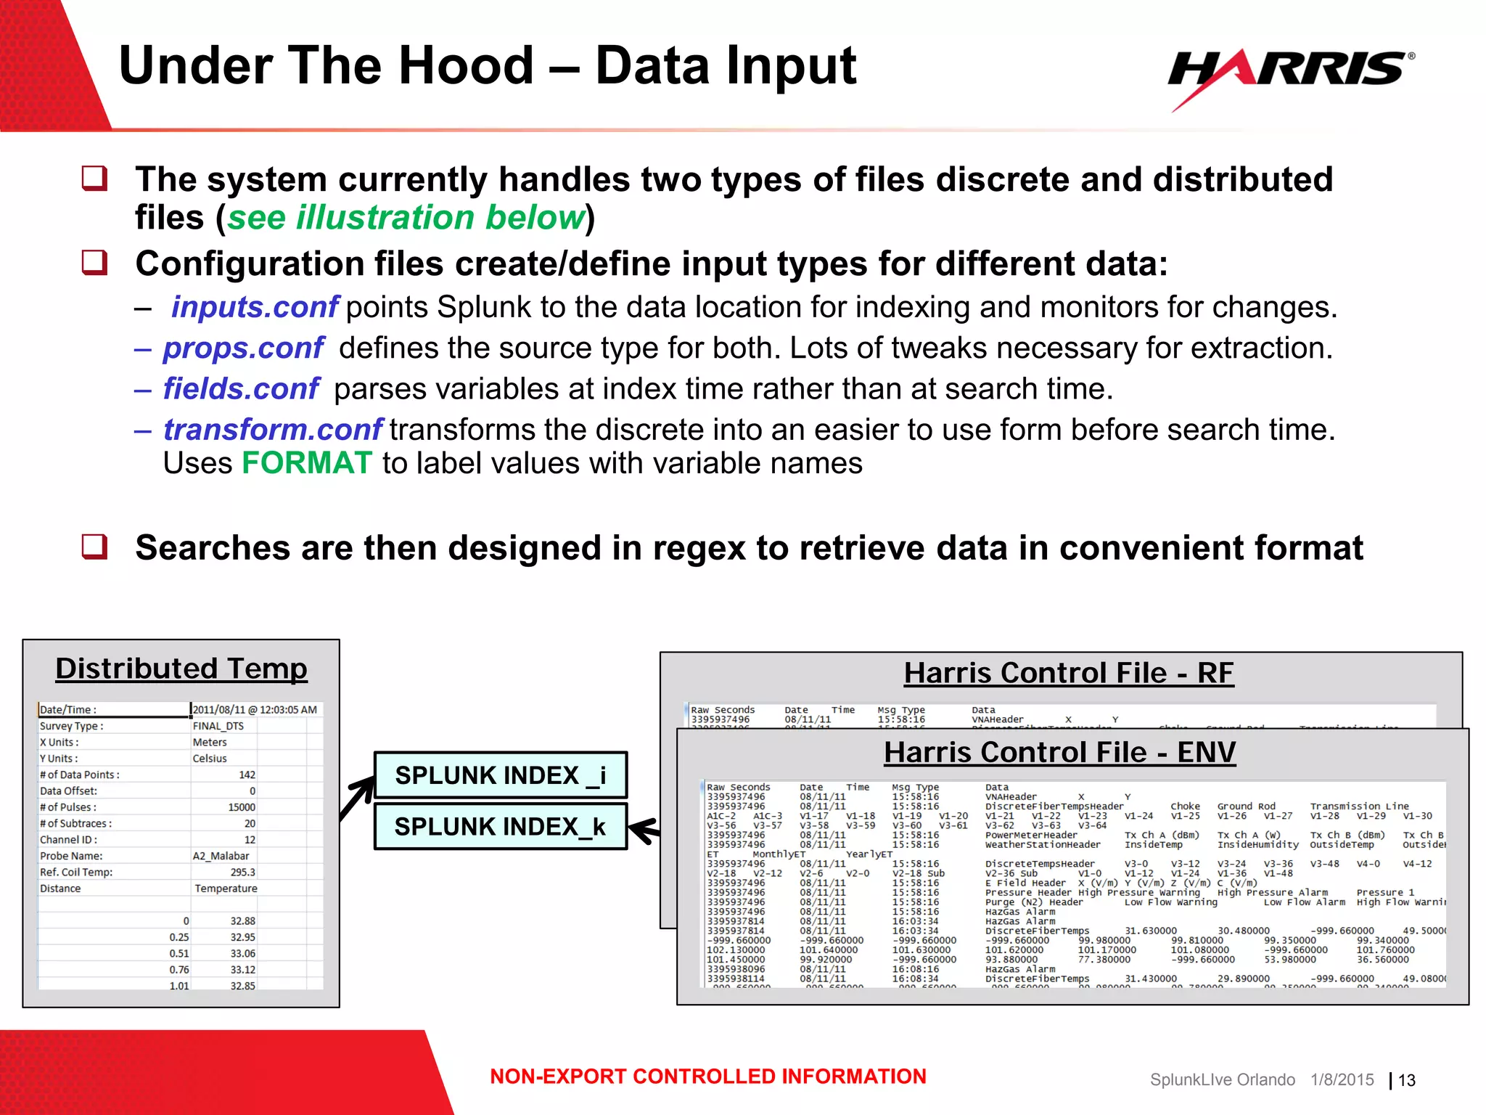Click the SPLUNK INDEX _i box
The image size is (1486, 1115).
point(500,775)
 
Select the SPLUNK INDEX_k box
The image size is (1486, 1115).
point(500,826)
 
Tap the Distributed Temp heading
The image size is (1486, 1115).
point(181,669)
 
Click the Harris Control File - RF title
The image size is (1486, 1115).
point(1068,673)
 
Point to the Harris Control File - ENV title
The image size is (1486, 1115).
point(1059,752)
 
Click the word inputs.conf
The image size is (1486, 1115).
point(254,307)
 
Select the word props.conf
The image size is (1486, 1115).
point(243,348)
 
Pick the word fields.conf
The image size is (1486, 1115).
point(240,389)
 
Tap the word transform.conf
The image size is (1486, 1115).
point(272,430)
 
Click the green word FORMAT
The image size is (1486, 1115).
point(306,463)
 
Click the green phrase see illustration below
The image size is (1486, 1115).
point(406,218)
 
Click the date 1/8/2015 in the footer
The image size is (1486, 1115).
point(1342,1079)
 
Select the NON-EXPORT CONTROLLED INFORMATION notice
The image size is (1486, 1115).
point(707,1077)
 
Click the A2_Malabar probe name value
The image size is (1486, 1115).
point(221,856)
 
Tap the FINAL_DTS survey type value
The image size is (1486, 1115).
point(218,726)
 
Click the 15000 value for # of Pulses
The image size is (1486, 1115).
point(242,807)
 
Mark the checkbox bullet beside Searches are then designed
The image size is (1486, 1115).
point(94,546)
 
